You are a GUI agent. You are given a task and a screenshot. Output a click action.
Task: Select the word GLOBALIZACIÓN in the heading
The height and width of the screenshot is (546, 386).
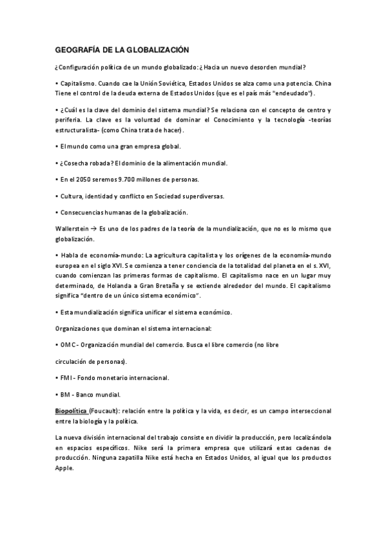[x=157, y=49]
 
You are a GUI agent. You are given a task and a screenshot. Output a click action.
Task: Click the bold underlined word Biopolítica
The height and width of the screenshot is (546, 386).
[x=73, y=411]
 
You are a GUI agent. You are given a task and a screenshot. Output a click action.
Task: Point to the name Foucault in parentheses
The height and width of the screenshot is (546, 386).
[x=111, y=411]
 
